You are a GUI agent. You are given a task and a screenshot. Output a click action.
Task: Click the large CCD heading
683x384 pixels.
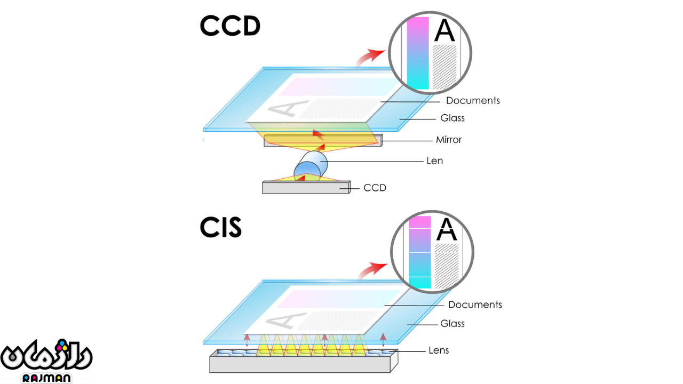pyautogui.click(x=230, y=26)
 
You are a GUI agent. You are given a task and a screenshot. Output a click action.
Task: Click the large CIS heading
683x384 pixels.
pyautogui.click(x=221, y=227)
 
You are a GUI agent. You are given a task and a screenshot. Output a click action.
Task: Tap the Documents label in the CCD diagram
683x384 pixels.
pyautogui.click(x=473, y=101)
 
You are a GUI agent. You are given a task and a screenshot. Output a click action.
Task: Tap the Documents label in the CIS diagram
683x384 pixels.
pyautogui.click(x=475, y=305)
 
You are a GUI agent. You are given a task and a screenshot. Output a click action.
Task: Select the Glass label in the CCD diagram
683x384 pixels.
pyautogui.click(x=452, y=118)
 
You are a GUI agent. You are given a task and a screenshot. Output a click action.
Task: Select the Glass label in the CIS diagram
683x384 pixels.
pyautogui.click(x=452, y=323)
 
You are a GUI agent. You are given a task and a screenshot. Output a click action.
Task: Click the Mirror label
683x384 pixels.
pyautogui.click(x=448, y=140)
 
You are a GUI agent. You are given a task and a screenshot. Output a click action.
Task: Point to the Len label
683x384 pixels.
pyautogui.click(x=434, y=161)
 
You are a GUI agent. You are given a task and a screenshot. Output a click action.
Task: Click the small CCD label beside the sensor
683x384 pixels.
pyautogui.click(x=375, y=188)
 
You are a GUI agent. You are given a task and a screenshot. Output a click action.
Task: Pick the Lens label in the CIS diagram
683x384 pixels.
pyautogui.click(x=439, y=350)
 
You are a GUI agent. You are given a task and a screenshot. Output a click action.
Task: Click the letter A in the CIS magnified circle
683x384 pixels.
pyautogui.click(x=447, y=230)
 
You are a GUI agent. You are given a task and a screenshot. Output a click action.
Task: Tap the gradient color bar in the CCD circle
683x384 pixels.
pyautogui.click(x=418, y=53)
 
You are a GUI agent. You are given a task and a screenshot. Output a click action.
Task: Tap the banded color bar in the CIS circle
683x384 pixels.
pyautogui.click(x=419, y=252)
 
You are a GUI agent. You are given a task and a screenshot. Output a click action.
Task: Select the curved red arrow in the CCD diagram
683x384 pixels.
pyautogui.click(x=370, y=57)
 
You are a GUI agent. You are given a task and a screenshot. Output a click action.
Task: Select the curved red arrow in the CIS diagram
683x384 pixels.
pyautogui.click(x=372, y=270)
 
